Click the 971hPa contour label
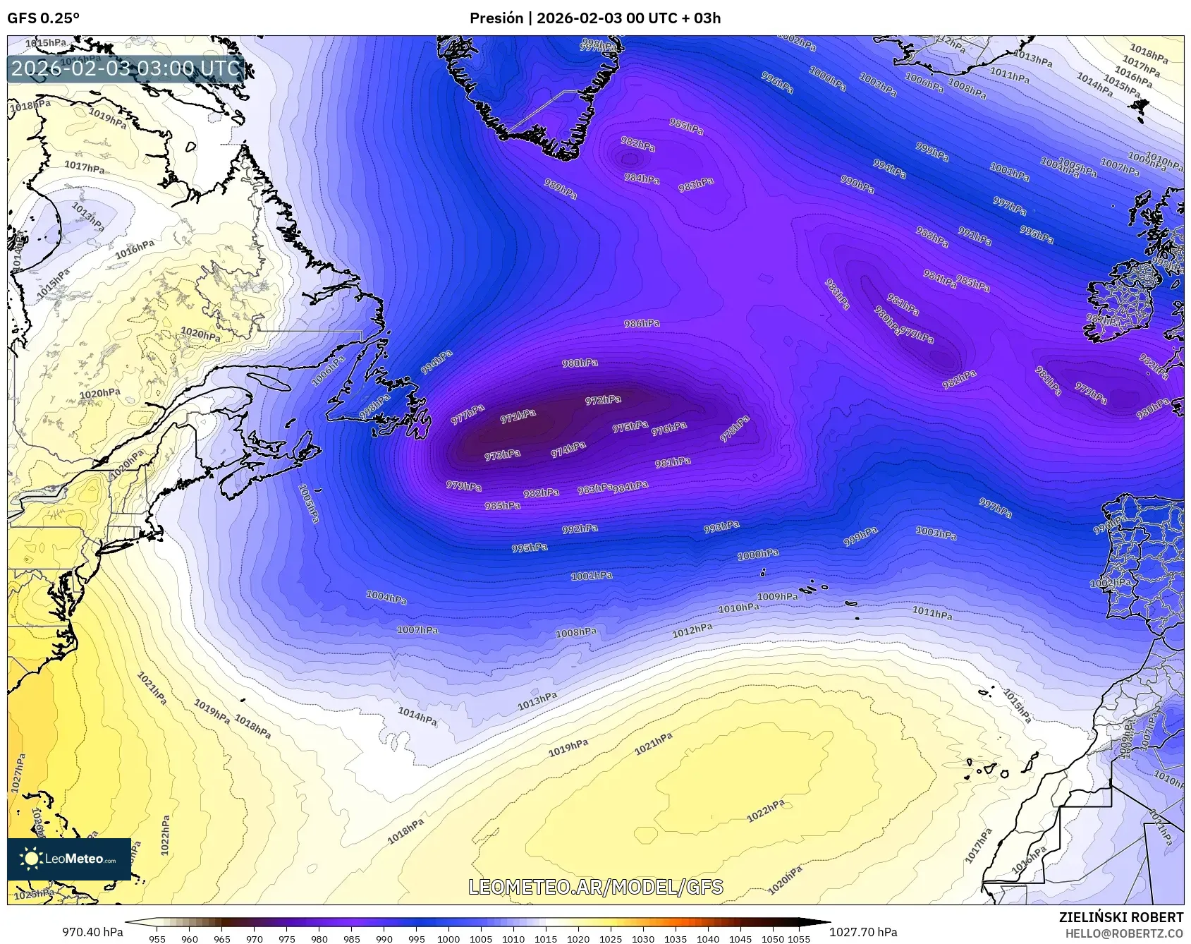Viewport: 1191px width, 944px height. click(518, 416)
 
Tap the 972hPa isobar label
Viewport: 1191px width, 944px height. click(603, 400)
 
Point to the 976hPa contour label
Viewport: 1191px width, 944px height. click(668, 428)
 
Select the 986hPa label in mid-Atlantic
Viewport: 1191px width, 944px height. click(642, 323)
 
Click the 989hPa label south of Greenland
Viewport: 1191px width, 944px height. click(561, 188)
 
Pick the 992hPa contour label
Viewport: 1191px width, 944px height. click(580, 528)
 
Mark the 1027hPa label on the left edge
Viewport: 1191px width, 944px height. click(18, 772)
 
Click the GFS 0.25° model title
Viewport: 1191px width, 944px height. click(43, 18)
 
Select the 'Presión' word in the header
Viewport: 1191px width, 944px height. click(496, 18)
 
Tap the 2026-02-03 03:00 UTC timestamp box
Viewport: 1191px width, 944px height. click(126, 68)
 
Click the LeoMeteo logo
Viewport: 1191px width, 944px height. click(69, 859)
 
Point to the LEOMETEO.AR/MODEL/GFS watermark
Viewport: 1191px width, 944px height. click(596, 887)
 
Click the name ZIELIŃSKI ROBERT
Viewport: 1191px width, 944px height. click(1121, 917)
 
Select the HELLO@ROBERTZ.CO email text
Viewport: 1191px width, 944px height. click(1124, 933)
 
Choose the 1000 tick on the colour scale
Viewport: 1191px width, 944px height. click(448, 938)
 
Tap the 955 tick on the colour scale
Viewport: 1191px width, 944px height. click(157, 938)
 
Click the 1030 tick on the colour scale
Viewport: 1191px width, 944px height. click(643, 938)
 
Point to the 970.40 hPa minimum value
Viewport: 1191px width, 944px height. click(92, 932)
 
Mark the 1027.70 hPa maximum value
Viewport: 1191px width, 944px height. click(863, 932)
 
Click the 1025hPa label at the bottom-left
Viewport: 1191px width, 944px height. click(34, 894)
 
